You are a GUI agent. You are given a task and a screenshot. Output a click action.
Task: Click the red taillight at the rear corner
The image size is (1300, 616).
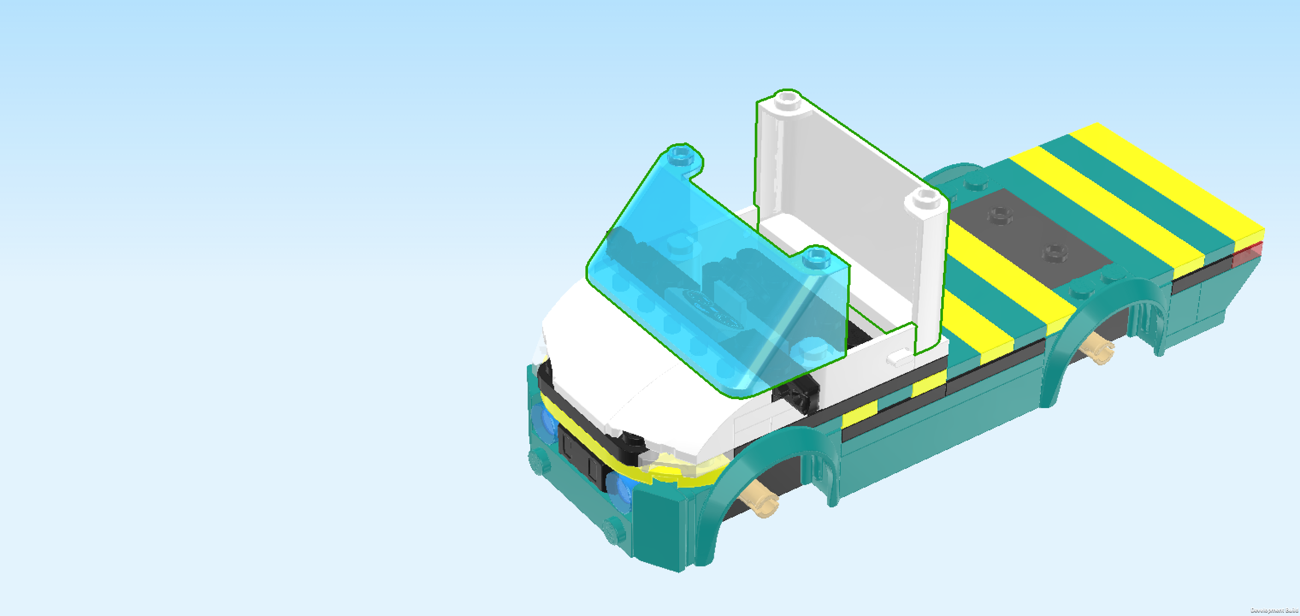pyautogui.click(x=1247, y=255)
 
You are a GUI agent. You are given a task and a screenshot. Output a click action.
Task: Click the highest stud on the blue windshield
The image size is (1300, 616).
pyautogui.click(x=681, y=154)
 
